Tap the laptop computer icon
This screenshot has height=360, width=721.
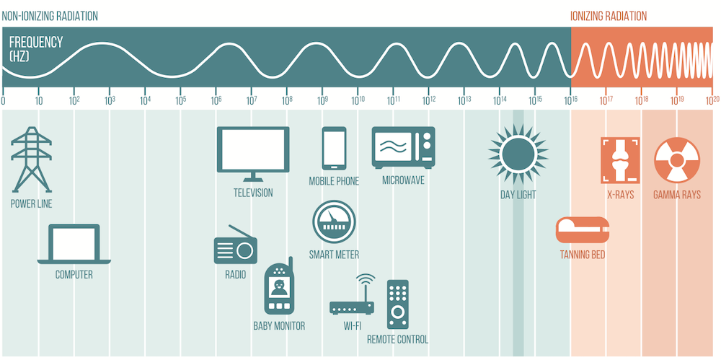[74, 244]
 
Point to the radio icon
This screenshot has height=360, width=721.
[235, 249]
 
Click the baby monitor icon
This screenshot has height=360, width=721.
[278, 286]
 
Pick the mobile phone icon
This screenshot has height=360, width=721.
[333, 149]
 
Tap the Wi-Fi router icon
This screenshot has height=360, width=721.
[353, 299]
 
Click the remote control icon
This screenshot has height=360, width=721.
[397, 304]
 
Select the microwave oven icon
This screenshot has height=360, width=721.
[403, 147]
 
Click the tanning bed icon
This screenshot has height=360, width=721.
[583, 230]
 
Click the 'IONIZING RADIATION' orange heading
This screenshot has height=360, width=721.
[608, 16]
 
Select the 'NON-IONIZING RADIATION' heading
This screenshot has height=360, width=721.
[50, 16]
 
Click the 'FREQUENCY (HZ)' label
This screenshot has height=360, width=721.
[36, 48]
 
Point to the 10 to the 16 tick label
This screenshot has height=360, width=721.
[571, 100]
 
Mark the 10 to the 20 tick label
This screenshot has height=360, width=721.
[712, 100]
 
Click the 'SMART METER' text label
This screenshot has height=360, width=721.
[334, 255]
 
